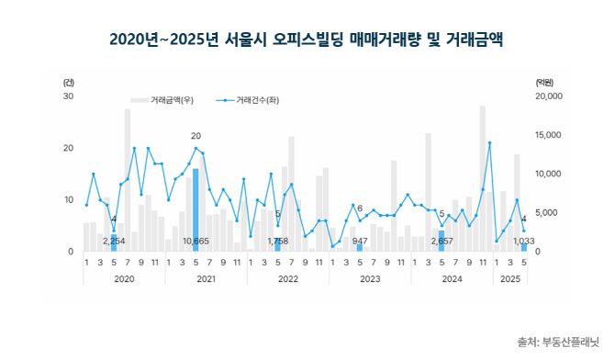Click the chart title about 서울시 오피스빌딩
(307, 39)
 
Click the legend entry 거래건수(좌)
(256, 98)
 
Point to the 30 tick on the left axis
(68, 96)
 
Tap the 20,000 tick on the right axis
(548, 96)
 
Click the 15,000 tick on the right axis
(548, 135)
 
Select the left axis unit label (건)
(68, 82)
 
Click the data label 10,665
(196, 242)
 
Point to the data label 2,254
(113, 242)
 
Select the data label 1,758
(277, 242)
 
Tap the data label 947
(360, 242)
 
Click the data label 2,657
(442, 242)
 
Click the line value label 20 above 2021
(196, 137)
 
